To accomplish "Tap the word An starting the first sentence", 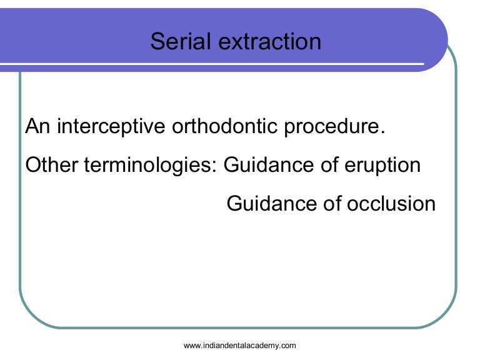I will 37,126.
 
